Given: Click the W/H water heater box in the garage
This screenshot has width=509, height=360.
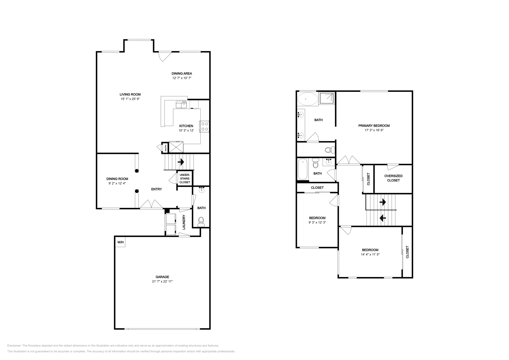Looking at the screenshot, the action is pos(120,242).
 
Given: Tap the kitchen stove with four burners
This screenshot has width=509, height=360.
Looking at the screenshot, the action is pos(205,127).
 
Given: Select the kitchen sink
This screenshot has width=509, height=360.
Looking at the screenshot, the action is pos(181,105).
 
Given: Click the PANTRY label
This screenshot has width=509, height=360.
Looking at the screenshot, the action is pos(166,148).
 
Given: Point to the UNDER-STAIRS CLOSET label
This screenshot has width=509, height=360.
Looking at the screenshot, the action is pos(185,178).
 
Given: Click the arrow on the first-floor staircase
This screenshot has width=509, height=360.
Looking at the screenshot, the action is pos(181,162).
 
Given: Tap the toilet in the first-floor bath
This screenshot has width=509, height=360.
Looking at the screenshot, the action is pos(201,222).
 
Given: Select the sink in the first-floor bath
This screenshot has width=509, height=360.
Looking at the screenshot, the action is pos(202,190).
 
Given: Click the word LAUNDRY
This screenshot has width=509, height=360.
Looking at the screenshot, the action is pos(184,222).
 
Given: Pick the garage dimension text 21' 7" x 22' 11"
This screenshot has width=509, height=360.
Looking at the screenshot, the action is pos(162,281).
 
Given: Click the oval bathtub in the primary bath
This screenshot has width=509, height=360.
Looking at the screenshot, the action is pos(308,99).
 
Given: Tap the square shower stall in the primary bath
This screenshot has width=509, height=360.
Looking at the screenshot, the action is pos(327,98).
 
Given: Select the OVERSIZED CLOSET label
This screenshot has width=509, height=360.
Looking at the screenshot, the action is pos(393,178).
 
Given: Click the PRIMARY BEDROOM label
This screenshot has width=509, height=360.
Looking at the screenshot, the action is pos(374,126).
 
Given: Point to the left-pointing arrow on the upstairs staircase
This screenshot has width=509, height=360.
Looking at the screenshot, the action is pos(383,218).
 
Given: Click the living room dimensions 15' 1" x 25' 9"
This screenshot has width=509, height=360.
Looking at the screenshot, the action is pos(130,99).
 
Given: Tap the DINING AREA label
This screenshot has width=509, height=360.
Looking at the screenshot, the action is pos(182,73).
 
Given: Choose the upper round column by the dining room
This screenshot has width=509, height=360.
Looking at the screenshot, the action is pos(137,171).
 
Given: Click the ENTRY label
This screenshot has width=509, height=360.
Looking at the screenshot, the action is pos(157,189).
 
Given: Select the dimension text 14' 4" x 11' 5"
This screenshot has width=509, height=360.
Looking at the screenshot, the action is pos(370,254).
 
